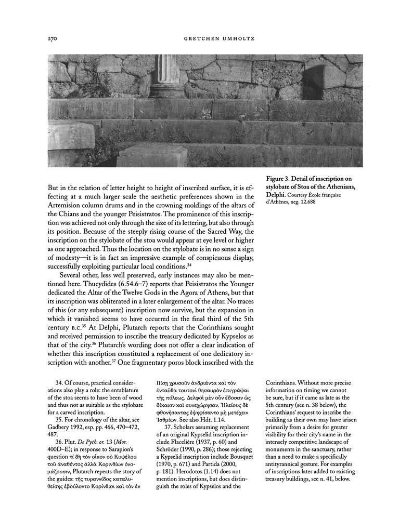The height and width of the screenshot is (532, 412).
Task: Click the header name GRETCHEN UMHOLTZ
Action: tap(205, 38)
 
